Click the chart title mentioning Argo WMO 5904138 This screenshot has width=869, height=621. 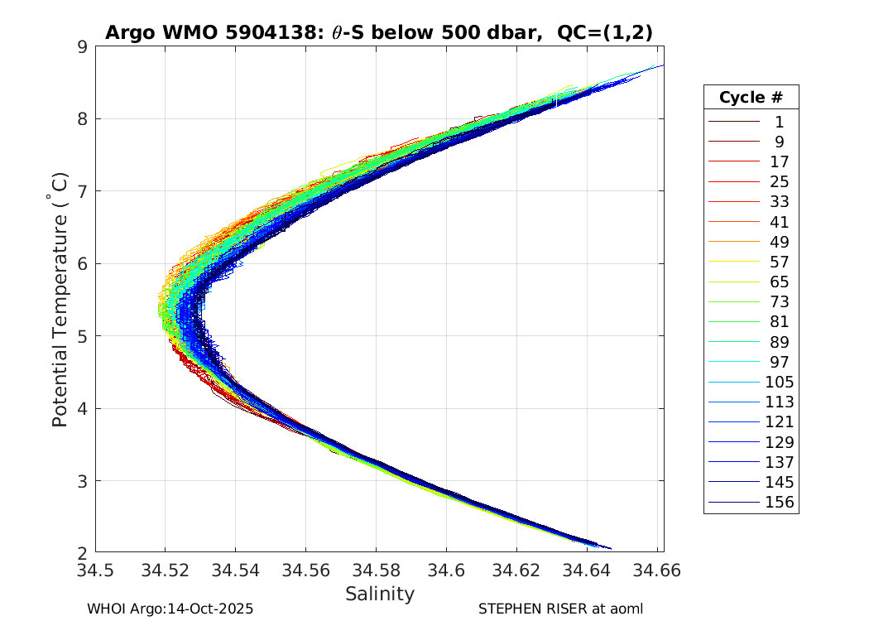click(379, 33)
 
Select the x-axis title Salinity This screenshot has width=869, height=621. click(379, 594)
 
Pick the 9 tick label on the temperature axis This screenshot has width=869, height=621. click(82, 46)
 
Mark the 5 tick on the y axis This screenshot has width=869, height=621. click(82, 335)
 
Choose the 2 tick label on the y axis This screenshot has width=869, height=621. click(82, 552)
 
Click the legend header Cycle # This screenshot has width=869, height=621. click(751, 97)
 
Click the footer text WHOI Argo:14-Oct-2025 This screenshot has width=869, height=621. click(170, 609)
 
